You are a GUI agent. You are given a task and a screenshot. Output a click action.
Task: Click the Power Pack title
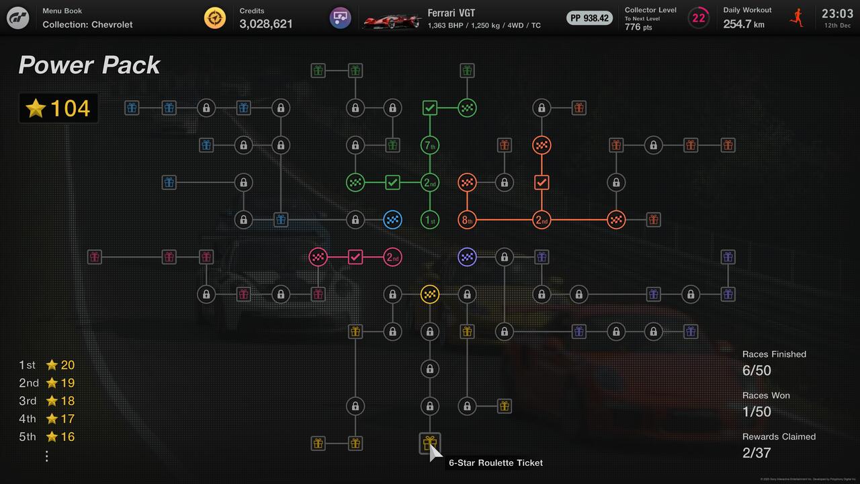click(x=89, y=65)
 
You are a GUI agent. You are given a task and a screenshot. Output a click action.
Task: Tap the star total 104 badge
click(x=58, y=108)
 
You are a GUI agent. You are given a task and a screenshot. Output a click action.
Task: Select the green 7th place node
click(x=430, y=145)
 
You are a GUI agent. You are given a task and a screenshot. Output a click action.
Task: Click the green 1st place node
click(x=430, y=219)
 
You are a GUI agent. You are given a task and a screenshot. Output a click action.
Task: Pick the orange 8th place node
click(x=467, y=219)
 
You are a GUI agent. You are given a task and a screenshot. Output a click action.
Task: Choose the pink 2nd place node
click(x=392, y=257)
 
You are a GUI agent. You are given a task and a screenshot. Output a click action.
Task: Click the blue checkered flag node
click(x=392, y=219)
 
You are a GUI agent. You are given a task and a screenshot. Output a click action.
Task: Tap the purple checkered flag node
click(x=467, y=257)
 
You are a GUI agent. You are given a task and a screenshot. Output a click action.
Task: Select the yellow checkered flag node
click(x=430, y=294)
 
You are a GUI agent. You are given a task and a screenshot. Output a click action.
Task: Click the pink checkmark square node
click(x=355, y=257)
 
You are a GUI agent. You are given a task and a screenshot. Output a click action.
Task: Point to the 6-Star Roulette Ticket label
click(x=496, y=462)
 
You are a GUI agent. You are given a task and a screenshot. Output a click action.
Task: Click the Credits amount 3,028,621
click(x=266, y=24)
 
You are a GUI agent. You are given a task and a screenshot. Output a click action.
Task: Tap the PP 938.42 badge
click(x=589, y=18)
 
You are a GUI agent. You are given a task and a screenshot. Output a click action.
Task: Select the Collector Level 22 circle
click(x=699, y=18)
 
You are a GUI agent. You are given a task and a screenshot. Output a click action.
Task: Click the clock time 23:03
click(x=837, y=13)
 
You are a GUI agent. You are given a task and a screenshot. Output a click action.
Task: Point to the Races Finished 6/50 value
click(x=757, y=370)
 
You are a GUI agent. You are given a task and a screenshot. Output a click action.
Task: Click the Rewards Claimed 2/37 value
click(x=757, y=452)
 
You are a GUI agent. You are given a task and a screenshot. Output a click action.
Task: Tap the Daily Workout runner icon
click(x=797, y=17)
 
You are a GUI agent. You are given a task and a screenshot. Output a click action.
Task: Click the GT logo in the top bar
click(x=18, y=18)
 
